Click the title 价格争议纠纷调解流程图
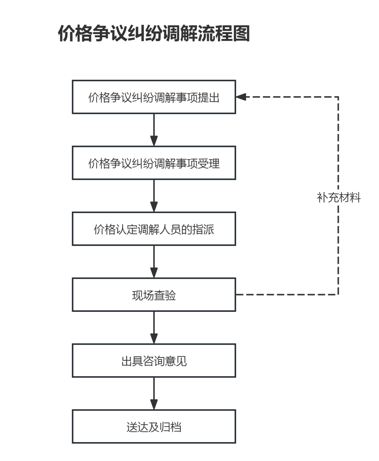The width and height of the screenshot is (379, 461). [x=154, y=33]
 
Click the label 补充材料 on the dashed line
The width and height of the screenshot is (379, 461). [x=339, y=198]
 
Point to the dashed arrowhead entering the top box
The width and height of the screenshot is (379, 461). [x=241, y=97]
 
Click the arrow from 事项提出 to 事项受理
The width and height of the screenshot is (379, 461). [x=154, y=130]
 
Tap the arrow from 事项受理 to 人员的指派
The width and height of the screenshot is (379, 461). [x=154, y=196]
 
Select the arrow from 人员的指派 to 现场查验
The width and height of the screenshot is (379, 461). [x=154, y=262]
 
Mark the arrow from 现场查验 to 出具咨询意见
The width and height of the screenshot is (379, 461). [x=154, y=328]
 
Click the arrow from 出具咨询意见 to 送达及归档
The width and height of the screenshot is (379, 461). [x=154, y=394]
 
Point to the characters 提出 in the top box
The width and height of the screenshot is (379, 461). [x=208, y=98]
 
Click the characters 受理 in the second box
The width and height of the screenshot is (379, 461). [x=208, y=164]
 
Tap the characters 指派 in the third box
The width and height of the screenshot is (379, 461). [x=203, y=229]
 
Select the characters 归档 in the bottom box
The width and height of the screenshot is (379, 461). [x=171, y=427]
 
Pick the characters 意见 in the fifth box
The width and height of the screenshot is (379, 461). [x=176, y=361]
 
